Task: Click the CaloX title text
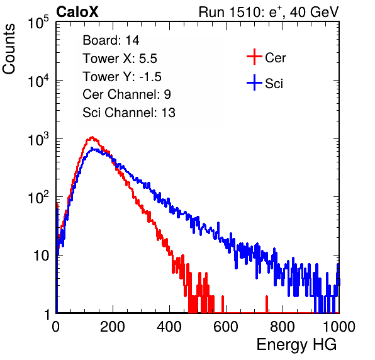click(77, 12)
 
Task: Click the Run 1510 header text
click(269, 12)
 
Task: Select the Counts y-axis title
click(9, 49)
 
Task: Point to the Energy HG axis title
click(296, 345)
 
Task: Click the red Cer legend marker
click(254, 57)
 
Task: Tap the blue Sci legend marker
click(254, 82)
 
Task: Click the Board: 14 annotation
click(111, 40)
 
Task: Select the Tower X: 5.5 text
click(120, 59)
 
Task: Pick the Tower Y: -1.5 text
click(122, 77)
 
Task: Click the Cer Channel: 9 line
click(126, 94)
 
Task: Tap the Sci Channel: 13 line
click(129, 113)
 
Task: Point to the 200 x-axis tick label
click(113, 327)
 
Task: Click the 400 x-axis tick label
click(169, 327)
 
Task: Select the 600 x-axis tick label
click(226, 327)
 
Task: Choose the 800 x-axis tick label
click(283, 327)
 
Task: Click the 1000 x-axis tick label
click(339, 327)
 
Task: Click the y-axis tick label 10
click(41, 256)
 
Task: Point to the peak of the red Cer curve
click(92, 137)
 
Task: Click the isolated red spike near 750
click(267, 304)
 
